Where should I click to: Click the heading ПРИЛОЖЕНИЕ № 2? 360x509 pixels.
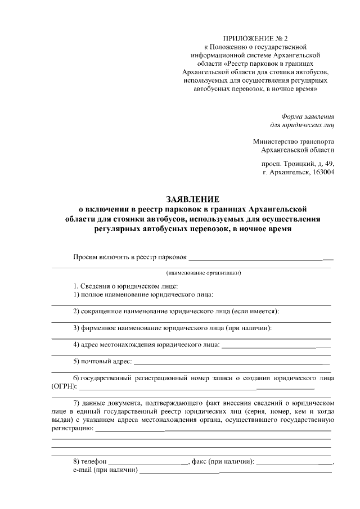click(x=255, y=38)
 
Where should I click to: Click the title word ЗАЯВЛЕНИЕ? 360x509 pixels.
click(x=192, y=199)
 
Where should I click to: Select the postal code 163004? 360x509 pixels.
click(x=321, y=173)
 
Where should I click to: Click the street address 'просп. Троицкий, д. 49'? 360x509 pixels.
click(x=298, y=164)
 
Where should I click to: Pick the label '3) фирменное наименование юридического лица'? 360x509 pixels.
click(x=173, y=328)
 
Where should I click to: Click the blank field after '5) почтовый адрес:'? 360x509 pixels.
click(x=231, y=364)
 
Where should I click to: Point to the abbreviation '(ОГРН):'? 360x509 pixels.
click(x=64, y=387)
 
